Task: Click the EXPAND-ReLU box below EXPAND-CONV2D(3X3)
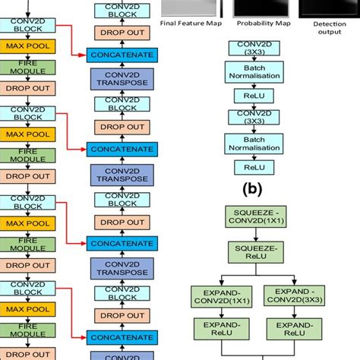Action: (287, 330)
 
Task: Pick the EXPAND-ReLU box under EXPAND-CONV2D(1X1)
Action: (219, 330)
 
